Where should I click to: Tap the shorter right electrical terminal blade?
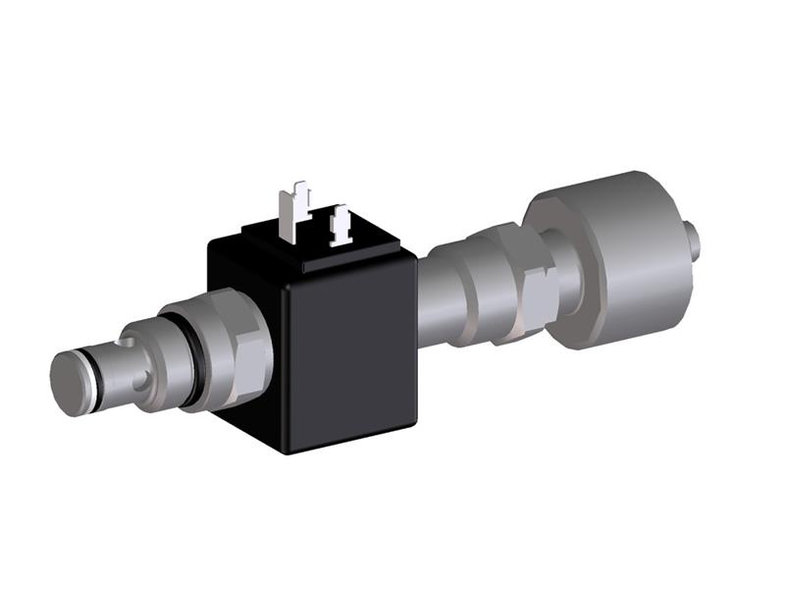[340, 225]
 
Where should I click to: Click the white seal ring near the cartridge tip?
[94, 379]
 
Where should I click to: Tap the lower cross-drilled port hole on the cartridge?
[144, 379]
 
